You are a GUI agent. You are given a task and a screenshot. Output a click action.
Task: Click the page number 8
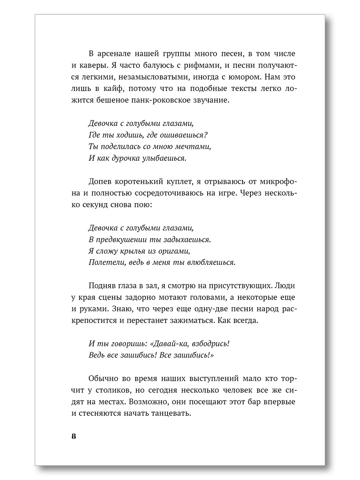click(x=74, y=436)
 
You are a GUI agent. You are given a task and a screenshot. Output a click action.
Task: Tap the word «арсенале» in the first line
click(x=112, y=54)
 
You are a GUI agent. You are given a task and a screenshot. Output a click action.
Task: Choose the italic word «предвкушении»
click(x=126, y=240)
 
